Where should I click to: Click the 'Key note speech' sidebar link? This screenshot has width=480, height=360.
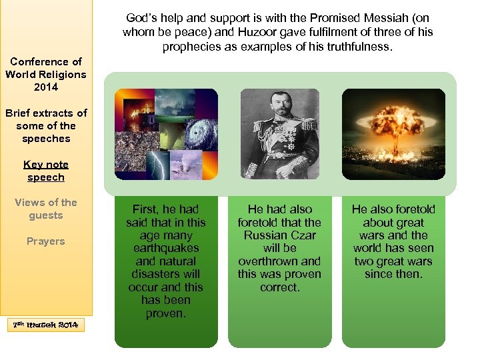click(46, 171)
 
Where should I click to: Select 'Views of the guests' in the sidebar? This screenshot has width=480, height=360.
click(46, 209)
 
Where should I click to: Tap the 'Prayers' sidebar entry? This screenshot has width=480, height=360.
click(46, 241)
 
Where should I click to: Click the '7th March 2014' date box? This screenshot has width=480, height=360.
click(46, 325)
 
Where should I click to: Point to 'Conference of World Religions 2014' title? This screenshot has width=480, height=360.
click(46, 74)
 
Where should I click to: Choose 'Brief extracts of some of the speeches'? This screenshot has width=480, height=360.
click(46, 125)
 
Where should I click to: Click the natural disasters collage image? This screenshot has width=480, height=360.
click(166, 134)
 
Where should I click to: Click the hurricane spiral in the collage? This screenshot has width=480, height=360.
click(197, 133)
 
